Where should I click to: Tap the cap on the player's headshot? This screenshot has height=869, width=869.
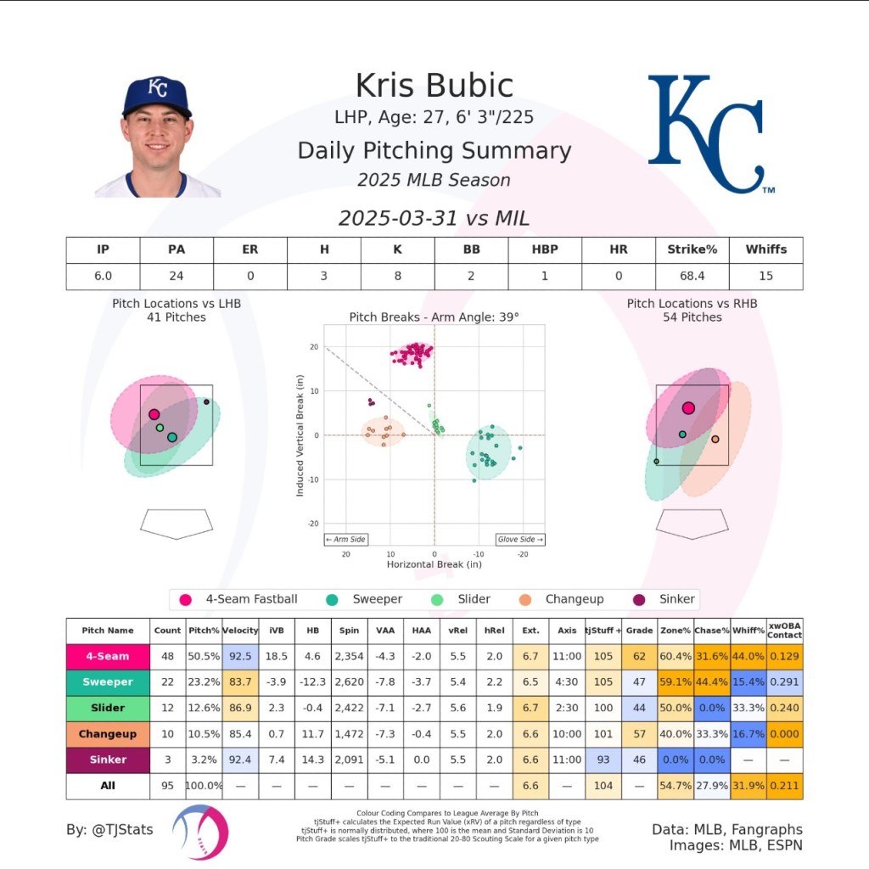(x=157, y=94)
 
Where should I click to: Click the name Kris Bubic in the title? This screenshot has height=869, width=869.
(x=434, y=86)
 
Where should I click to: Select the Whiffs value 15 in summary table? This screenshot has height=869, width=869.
(x=765, y=276)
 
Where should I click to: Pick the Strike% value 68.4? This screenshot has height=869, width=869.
(x=692, y=276)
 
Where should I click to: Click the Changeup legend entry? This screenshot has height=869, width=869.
(x=563, y=599)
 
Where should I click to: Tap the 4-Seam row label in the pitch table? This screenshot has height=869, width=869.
(x=108, y=656)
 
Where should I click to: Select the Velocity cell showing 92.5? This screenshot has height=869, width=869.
(x=240, y=656)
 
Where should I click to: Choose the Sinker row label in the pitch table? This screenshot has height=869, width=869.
(x=108, y=760)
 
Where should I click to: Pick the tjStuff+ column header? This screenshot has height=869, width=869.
(x=603, y=631)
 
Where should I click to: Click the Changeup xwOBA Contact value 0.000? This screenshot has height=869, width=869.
(x=784, y=733)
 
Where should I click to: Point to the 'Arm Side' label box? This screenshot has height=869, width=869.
(x=345, y=539)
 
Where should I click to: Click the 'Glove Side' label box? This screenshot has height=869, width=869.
(x=520, y=539)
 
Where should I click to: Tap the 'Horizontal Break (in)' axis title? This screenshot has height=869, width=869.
(x=434, y=564)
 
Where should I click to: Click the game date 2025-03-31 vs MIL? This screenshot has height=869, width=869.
(x=434, y=218)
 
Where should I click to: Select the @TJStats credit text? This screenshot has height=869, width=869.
(x=110, y=829)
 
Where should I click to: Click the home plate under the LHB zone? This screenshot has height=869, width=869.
(x=177, y=523)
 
